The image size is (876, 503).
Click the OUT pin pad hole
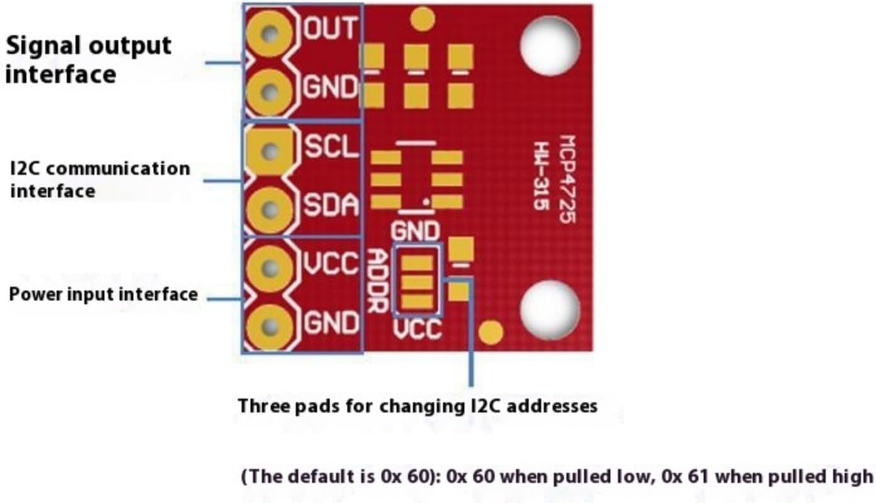pos(271,32)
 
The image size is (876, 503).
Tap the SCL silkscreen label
pos(331,146)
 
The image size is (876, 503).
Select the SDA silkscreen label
pos(332,206)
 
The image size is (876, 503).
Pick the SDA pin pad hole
pos(271,209)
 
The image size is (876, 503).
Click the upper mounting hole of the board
pos(549,46)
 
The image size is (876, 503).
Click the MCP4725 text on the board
pos(568,179)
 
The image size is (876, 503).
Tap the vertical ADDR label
pos(378,281)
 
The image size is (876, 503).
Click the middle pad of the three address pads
pos(417,281)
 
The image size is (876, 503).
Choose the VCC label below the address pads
pos(417,329)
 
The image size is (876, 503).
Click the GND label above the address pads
pos(415,231)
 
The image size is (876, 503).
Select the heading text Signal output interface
pos(88,60)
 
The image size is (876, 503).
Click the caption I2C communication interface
pos(99,179)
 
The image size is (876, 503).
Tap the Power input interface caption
pos(103,294)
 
